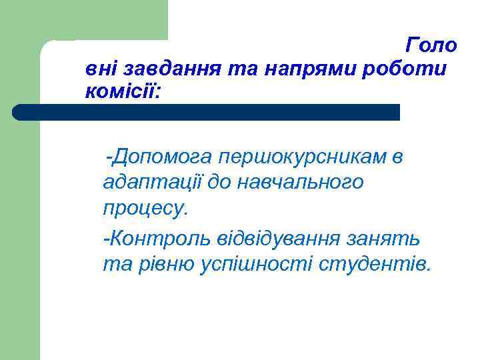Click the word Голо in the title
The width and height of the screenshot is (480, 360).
[431, 45]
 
